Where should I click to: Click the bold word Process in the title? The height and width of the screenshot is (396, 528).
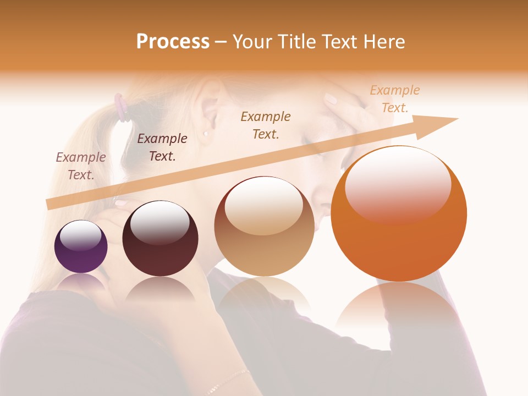tap(173, 42)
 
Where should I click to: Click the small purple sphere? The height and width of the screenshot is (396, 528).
tap(81, 247)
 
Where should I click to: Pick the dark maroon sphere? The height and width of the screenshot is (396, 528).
tap(160, 239)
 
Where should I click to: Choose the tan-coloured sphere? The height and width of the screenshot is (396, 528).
tap(264, 227)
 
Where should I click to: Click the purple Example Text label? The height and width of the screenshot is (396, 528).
tap(81, 166)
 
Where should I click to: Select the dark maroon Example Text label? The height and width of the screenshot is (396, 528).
tap(162, 147)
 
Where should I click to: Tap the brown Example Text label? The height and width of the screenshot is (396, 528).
tap(266, 125)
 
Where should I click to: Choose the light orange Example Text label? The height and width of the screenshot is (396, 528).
tap(394, 98)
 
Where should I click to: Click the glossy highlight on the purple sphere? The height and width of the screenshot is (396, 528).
tap(80, 235)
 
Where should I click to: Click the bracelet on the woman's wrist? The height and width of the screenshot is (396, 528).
tap(226, 381)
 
